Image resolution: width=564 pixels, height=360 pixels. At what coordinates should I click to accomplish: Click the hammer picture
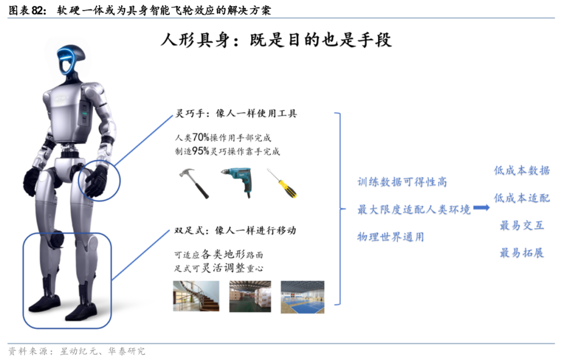(x=194, y=183)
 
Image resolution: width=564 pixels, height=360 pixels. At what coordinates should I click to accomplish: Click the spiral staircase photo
(x=196, y=296)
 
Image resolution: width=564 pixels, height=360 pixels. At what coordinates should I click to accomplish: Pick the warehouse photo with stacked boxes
(x=250, y=296)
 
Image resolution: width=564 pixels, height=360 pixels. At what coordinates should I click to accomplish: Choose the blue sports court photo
(x=302, y=297)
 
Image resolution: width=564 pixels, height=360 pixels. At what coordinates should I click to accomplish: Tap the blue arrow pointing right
(x=481, y=208)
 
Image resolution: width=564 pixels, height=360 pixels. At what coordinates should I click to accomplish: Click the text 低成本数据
(x=522, y=170)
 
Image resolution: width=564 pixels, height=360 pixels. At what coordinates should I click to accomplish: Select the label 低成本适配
(x=522, y=198)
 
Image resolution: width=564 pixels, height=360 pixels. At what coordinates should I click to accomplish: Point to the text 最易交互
(x=522, y=225)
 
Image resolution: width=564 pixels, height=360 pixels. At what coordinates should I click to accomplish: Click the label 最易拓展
(x=522, y=253)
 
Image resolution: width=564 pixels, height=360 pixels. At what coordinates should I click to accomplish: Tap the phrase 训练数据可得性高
(x=402, y=182)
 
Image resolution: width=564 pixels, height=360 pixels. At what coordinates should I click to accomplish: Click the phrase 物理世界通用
(x=391, y=237)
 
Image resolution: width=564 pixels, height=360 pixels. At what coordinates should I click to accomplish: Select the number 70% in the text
(x=201, y=137)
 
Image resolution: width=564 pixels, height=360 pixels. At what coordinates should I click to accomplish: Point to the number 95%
(x=201, y=151)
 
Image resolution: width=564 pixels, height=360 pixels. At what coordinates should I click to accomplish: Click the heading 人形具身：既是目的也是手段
(x=276, y=40)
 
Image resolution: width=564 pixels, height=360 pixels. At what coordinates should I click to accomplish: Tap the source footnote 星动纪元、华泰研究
(x=102, y=351)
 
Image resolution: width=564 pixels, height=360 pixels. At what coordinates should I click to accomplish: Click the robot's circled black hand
(x=97, y=181)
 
